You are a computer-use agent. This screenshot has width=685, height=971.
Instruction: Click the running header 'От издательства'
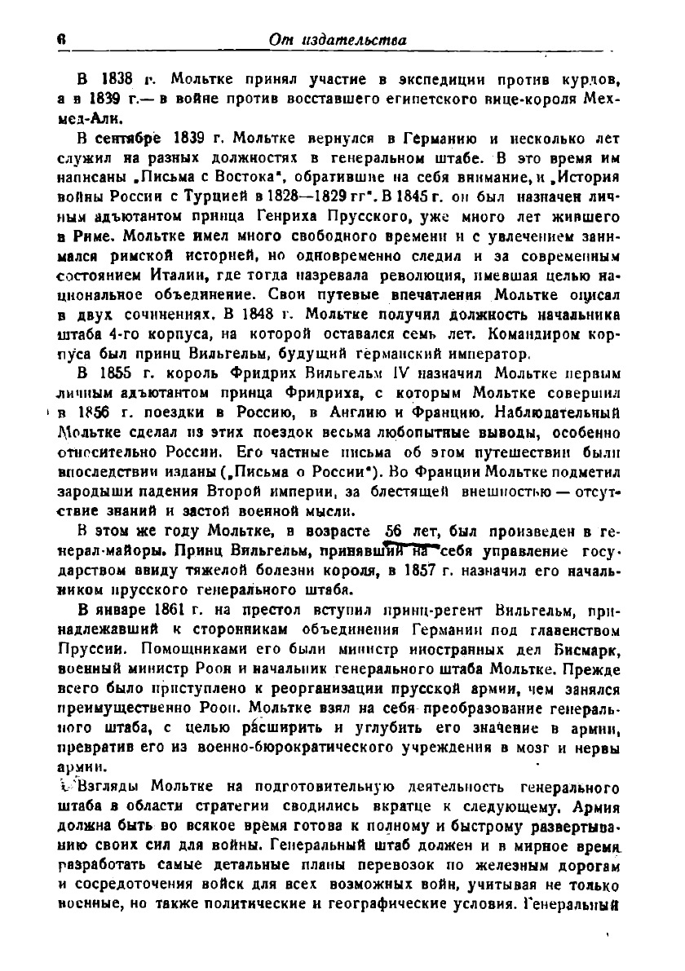coord(340,39)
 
